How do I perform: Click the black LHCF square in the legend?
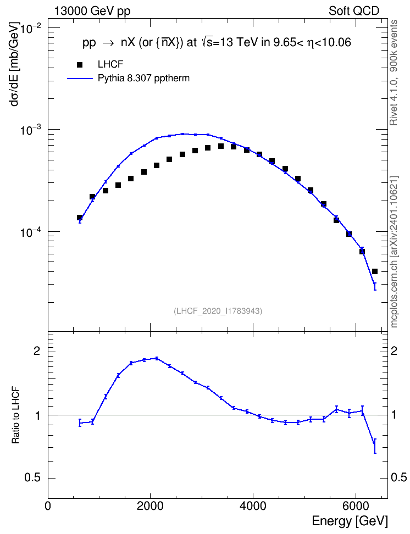80,64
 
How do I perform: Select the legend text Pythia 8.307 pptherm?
143,79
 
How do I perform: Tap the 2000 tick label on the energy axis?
150,506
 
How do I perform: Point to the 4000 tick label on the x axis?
253,506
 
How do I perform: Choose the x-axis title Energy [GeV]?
350,521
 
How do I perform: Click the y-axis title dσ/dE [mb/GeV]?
15,65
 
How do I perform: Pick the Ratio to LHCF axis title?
15,415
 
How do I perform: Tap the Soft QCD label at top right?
354,11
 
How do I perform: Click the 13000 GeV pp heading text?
92,11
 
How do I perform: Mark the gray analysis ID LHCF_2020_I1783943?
218,311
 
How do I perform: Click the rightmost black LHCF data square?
375,271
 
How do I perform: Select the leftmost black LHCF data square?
80,218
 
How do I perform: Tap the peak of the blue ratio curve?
157,358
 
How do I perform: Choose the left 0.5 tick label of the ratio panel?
32,478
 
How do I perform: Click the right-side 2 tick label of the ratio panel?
394,352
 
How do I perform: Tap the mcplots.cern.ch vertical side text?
394,252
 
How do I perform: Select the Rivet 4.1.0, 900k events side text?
394,73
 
